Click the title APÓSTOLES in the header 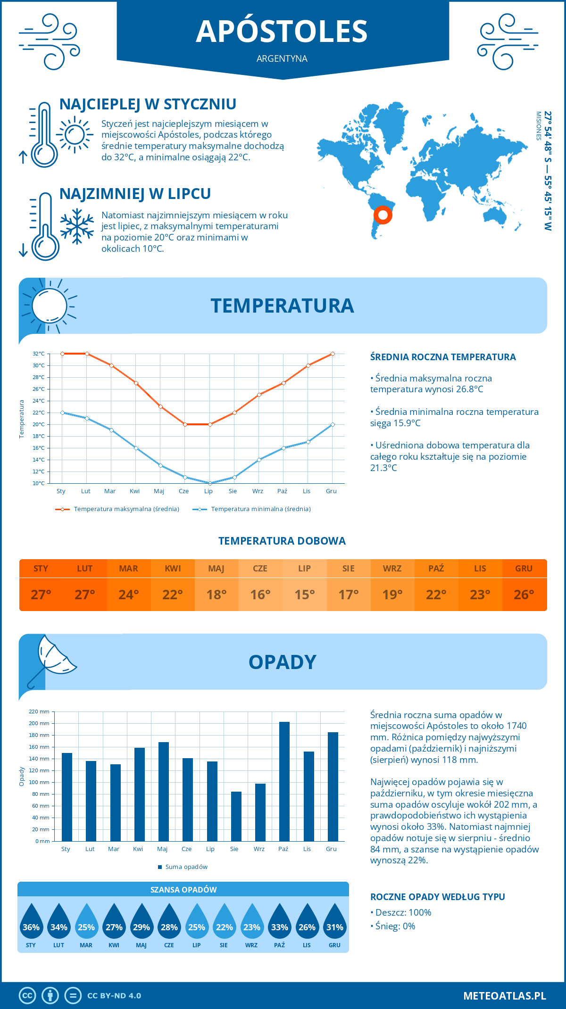coord(282,32)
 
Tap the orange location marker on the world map coord(383,215)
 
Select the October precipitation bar coord(284,781)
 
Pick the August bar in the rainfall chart coord(236,816)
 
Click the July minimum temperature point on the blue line coord(210,483)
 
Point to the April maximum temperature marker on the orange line coord(136,383)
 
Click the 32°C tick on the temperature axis coord(39,354)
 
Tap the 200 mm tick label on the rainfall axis coord(39,723)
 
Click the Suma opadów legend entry coord(186,867)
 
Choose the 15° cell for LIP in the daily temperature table coord(304,595)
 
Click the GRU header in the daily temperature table coord(524,568)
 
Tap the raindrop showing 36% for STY coord(31,922)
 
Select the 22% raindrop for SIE coord(224,922)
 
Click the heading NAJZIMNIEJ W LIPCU coord(135,194)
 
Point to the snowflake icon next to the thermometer coord(77,226)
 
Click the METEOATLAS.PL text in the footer coord(504,995)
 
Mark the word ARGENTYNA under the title coord(282,58)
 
